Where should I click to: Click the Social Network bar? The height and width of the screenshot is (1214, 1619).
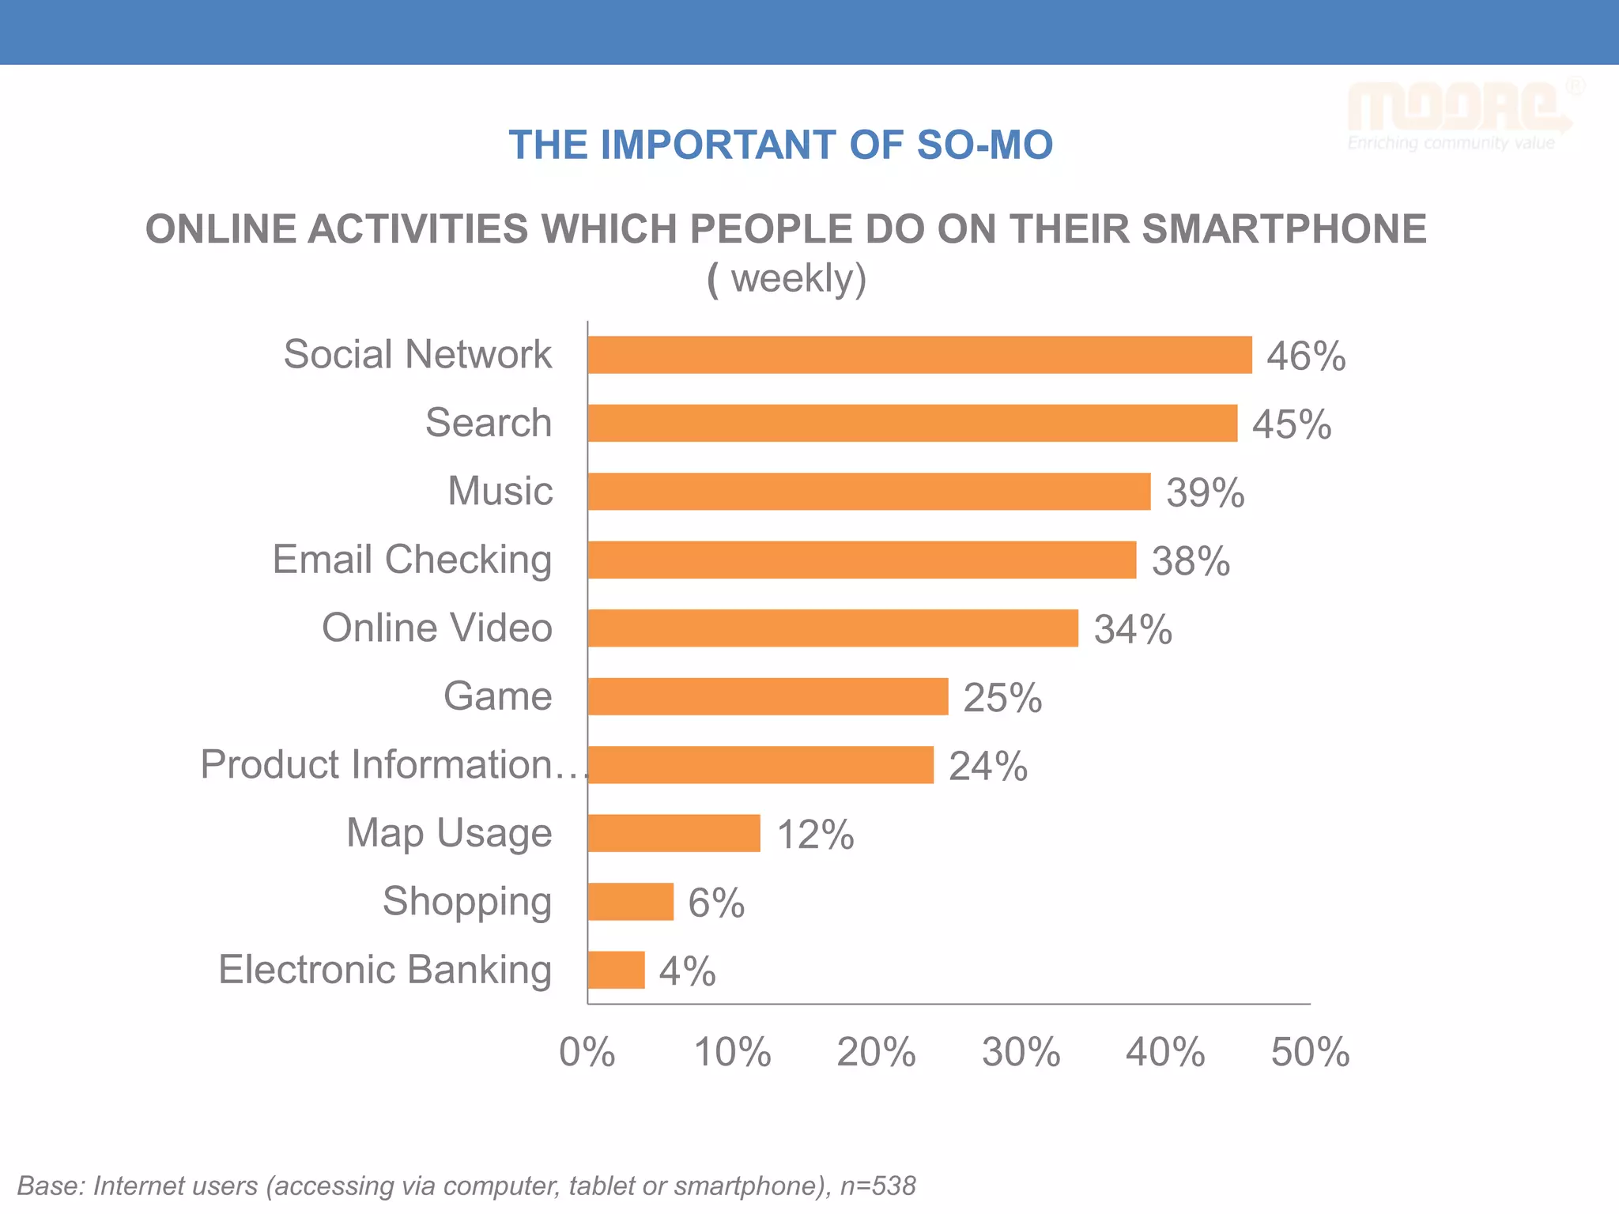pos(919,355)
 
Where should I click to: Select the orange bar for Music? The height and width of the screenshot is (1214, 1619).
pos(869,492)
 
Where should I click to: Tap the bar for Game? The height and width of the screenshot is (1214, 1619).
pos(768,696)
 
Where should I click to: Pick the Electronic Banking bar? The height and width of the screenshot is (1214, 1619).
pos(616,970)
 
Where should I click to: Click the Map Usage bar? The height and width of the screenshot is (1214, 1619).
pos(674,833)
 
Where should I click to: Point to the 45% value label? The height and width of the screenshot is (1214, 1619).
pos(1292,424)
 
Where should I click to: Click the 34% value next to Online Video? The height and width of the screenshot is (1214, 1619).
pos(1133,630)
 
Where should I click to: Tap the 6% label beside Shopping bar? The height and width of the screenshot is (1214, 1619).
pos(716,903)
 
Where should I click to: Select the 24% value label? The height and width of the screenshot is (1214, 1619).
pos(988,766)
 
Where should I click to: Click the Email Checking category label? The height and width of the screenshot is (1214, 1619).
pos(412,560)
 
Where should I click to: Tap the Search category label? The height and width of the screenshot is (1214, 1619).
pos(489,423)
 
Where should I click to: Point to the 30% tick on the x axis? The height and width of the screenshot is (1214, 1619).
pos(1021,1052)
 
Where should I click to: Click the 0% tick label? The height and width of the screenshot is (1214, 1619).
pos(587,1052)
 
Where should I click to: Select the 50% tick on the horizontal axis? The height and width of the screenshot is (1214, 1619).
pos(1310,1052)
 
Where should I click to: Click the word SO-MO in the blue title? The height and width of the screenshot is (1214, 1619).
pos(984,145)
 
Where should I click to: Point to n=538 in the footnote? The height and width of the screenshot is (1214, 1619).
pos(877,1186)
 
